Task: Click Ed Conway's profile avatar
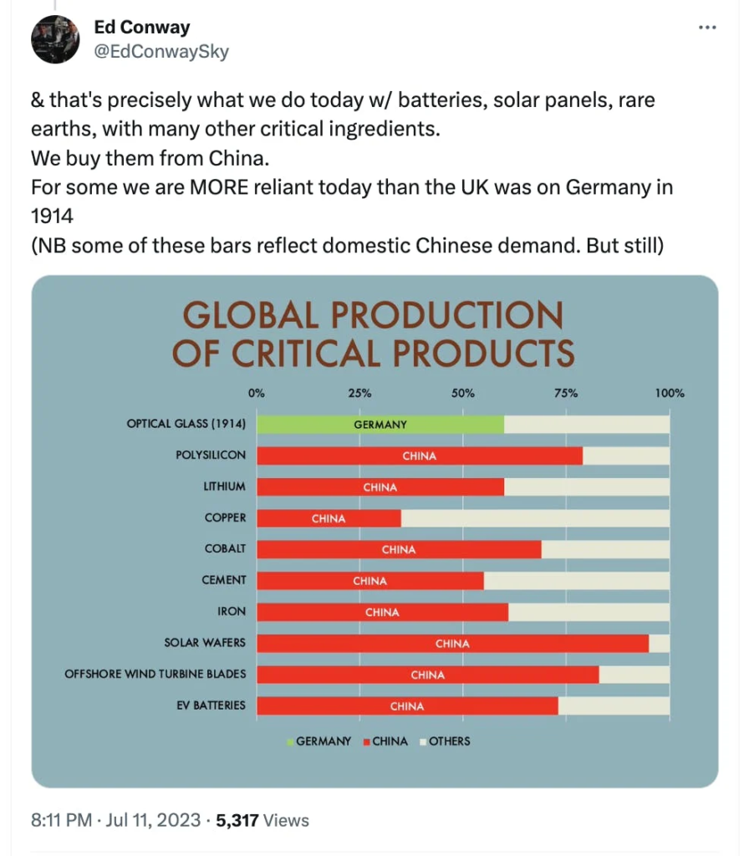click(x=55, y=39)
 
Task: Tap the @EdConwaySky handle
click(x=161, y=52)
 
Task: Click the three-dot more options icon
click(x=706, y=28)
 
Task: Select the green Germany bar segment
click(x=380, y=424)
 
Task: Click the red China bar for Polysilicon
click(x=420, y=456)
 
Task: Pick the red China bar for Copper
click(x=329, y=518)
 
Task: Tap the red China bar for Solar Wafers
click(x=452, y=644)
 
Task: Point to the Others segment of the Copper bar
click(x=535, y=518)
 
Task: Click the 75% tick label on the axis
click(x=566, y=393)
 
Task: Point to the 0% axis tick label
click(x=257, y=393)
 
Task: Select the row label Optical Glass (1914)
click(x=186, y=424)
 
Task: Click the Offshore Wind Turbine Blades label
click(x=155, y=674)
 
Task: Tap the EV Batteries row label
click(x=208, y=706)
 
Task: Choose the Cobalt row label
click(x=225, y=549)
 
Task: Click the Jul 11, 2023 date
click(x=150, y=820)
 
